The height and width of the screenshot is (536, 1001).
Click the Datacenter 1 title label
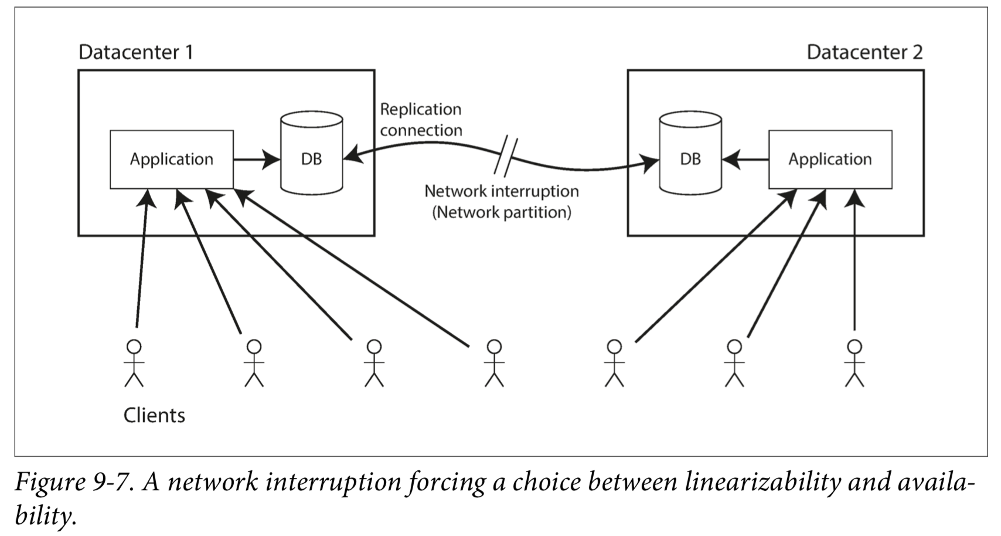click(136, 52)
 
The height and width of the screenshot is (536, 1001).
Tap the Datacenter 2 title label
click(864, 52)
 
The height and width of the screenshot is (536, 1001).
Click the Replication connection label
click(421, 120)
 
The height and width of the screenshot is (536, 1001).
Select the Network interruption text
click(502, 191)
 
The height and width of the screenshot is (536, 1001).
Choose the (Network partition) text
click(502, 212)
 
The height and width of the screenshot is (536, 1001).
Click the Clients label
click(154, 415)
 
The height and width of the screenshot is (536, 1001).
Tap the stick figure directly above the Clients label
click(134, 363)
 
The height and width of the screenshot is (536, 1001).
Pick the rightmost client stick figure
click(854, 363)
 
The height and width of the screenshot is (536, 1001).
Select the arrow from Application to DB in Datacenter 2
click(745, 160)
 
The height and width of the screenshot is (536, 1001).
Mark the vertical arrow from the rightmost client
click(854, 260)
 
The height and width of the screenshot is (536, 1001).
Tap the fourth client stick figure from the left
click(494, 363)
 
